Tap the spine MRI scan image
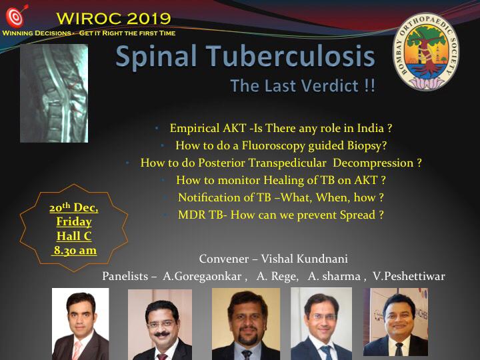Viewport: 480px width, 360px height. click(x=54, y=93)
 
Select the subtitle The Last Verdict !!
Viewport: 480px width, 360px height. click(x=303, y=85)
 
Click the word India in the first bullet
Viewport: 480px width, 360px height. click(x=371, y=128)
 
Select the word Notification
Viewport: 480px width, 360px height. click(x=209, y=197)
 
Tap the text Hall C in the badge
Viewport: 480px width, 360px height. click(x=74, y=236)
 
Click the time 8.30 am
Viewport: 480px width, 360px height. click(x=75, y=251)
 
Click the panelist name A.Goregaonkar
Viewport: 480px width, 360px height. click(x=202, y=277)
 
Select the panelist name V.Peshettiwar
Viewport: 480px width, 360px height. click(x=409, y=276)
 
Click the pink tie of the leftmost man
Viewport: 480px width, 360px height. click(x=76, y=350)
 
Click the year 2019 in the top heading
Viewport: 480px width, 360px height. click(x=149, y=19)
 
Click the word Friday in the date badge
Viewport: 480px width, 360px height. click(x=74, y=221)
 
